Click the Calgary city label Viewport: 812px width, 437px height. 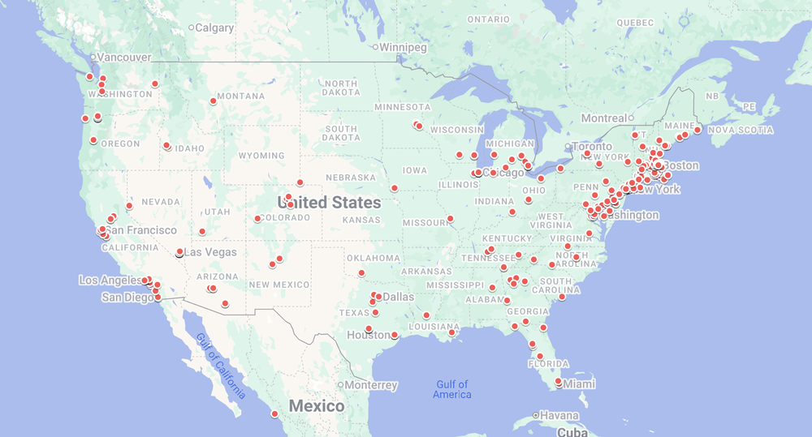214,28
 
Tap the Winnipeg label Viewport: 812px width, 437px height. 403,47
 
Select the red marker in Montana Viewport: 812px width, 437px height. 214,101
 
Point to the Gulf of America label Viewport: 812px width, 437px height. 452,389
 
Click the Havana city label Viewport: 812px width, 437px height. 559,416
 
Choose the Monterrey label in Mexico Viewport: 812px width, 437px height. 372,385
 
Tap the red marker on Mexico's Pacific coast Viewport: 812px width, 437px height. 274,414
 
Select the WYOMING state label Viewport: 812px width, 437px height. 261,156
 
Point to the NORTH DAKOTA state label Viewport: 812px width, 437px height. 341,88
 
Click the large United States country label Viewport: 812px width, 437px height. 329,202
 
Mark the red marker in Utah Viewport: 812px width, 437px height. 202,232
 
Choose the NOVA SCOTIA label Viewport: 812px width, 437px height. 742,130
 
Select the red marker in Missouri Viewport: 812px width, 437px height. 450,219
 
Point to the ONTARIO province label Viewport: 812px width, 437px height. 488,19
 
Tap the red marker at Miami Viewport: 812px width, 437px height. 559,381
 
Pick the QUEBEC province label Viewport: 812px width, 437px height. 635,23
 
